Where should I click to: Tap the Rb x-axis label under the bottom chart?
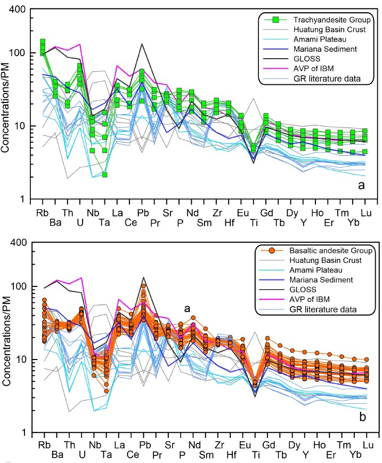(43, 443)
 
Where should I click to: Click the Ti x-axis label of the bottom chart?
(254, 443)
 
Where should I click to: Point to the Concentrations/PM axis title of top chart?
(7, 105)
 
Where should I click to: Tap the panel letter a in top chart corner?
(361, 186)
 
